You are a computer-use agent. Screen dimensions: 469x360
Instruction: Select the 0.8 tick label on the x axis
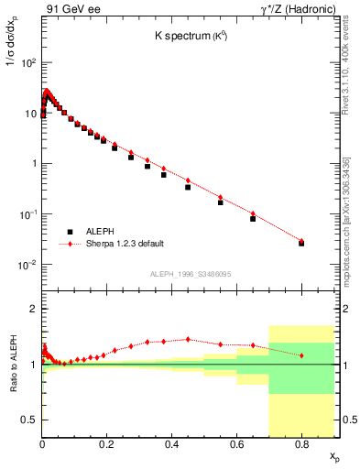tap(301, 444)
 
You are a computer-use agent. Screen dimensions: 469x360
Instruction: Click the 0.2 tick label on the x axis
tap(107, 444)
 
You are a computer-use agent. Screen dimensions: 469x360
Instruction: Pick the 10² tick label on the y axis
tap(29, 63)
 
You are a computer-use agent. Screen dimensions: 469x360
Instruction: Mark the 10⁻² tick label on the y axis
tap(29, 265)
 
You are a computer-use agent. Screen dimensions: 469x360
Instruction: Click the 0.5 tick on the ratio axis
tap(31, 420)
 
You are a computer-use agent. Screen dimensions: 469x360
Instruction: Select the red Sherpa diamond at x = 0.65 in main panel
tap(253, 213)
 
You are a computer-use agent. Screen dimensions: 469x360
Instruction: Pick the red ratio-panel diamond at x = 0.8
tap(301, 355)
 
